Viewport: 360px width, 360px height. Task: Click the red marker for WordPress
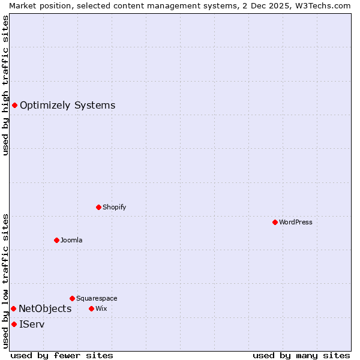coord(275,222)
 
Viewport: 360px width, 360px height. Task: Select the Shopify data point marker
coord(98,207)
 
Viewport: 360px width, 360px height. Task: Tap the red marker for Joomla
coord(56,240)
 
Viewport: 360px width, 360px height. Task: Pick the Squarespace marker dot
coord(72,298)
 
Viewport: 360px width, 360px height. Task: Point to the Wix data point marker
coord(91,308)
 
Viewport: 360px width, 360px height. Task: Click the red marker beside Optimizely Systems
coord(14,106)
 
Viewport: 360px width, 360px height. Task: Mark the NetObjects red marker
coord(13,308)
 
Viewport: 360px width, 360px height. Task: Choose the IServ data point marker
coord(14,324)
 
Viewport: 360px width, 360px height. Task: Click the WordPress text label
coord(296,222)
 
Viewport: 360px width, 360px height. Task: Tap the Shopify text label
coord(114,207)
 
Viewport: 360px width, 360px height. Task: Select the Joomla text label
coord(71,240)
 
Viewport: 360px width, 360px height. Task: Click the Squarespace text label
coord(97,298)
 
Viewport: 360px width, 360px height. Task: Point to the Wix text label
coord(101,308)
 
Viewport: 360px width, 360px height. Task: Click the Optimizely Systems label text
coord(67,106)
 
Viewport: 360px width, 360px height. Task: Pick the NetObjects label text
coord(45,308)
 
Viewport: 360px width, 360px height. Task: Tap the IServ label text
coord(32,324)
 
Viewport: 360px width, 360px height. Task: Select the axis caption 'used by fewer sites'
coord(62,355)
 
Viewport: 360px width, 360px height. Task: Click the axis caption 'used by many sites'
coord(301,355)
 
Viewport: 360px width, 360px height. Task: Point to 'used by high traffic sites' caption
coord(5,85)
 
